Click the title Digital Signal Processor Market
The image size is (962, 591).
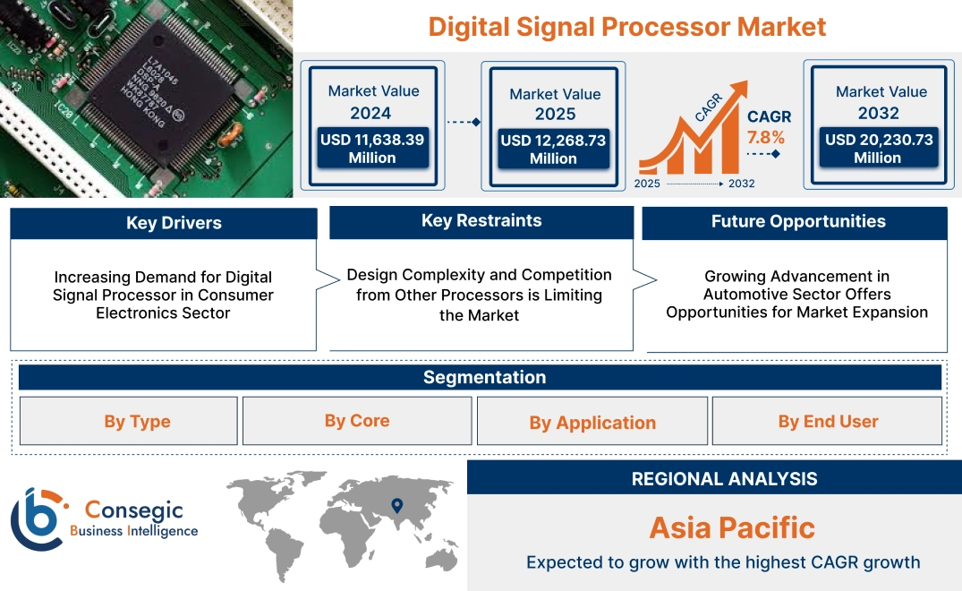626,26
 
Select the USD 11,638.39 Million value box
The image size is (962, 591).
371,149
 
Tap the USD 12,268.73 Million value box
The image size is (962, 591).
553,150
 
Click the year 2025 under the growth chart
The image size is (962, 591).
648,184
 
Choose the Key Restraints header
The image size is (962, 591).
481,221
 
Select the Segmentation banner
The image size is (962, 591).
484,377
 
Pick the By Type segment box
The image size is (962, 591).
137,422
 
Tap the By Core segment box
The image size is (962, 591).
357,421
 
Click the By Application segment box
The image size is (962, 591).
592,423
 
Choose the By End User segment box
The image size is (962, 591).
828,421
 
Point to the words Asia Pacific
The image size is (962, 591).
731,527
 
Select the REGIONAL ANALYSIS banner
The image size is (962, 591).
724,479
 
